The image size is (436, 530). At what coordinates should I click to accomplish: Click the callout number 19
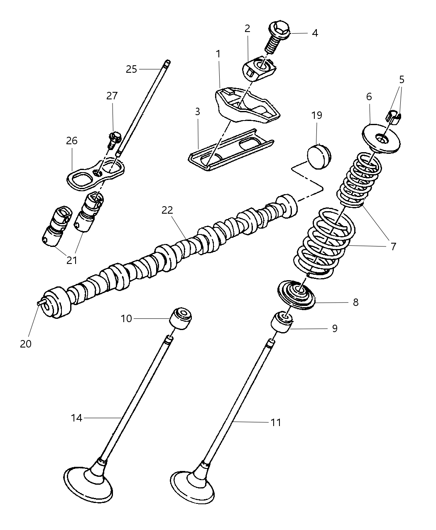click(x=317, y=115)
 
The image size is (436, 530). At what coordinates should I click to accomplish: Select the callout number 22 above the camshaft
click(x=167, y=210)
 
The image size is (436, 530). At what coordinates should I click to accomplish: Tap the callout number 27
click(x=112, y=96)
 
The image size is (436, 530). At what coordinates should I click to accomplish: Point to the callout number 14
click(x=77, y=418)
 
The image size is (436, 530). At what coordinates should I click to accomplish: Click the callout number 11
click(x=276, y=423)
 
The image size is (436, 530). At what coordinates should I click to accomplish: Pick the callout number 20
click(x=26, y=344)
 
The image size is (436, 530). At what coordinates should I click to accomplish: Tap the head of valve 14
click(x=89, y=481)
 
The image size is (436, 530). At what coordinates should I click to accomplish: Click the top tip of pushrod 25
click(x=167, y=63)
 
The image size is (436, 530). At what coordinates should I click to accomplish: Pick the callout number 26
click(x=72, y=141)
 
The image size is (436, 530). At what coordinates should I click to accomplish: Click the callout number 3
click(x=198, y=111)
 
